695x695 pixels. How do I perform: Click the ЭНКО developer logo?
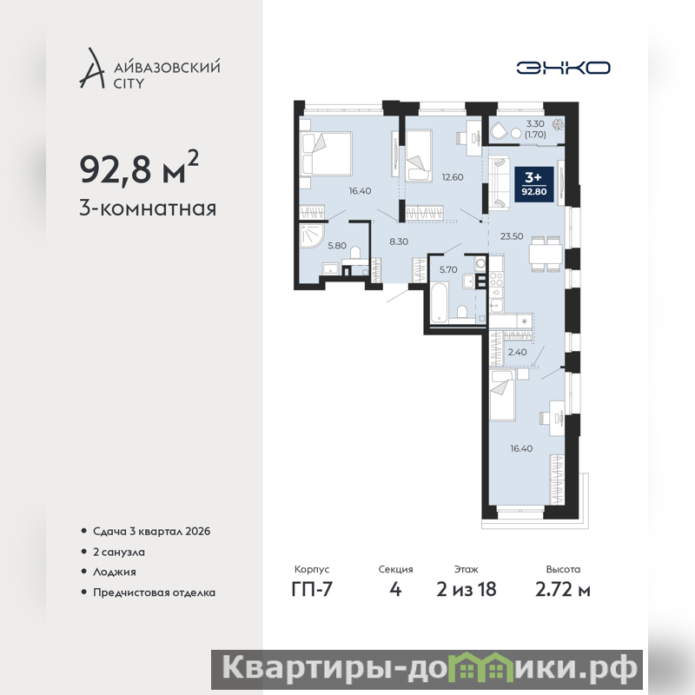(563, 68)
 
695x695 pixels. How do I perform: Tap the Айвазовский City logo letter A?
(92, 68)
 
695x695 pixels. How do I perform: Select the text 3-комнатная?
(148, 208)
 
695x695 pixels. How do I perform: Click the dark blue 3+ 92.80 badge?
(534, 184)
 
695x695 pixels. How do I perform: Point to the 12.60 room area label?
(452, 177)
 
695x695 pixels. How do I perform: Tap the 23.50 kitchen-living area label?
(512, 236)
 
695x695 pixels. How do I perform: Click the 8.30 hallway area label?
(399, 242)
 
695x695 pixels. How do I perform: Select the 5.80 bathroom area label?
(337, 246)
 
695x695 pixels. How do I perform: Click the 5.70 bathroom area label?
(448, 269)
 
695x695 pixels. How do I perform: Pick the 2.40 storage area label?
(517, 353)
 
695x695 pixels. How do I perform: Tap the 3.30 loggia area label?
(535, 123)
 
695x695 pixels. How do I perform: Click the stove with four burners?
(496, 279)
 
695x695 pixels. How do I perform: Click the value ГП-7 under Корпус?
(312, 590)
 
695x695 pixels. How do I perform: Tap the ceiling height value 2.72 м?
(563, 590)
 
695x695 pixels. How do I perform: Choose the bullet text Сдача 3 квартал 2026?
(151, 531)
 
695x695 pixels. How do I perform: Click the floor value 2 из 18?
(467, 590)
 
